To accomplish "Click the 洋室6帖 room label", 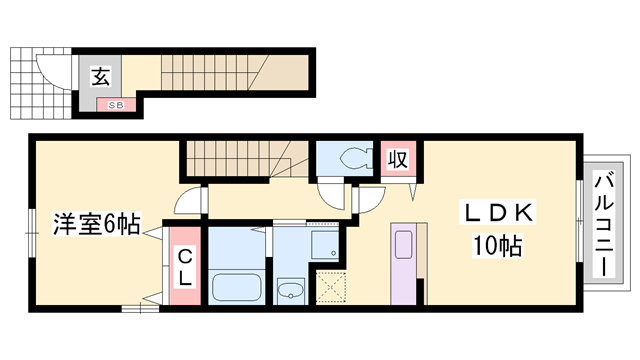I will click(96, 223).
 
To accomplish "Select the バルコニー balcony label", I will click(604, 224).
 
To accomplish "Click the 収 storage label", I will click(397, 158).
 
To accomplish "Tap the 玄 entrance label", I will click(102, 73).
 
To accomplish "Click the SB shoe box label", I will click(110, 103).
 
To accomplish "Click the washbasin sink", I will click(291, 291).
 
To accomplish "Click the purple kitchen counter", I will click(404, 265).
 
